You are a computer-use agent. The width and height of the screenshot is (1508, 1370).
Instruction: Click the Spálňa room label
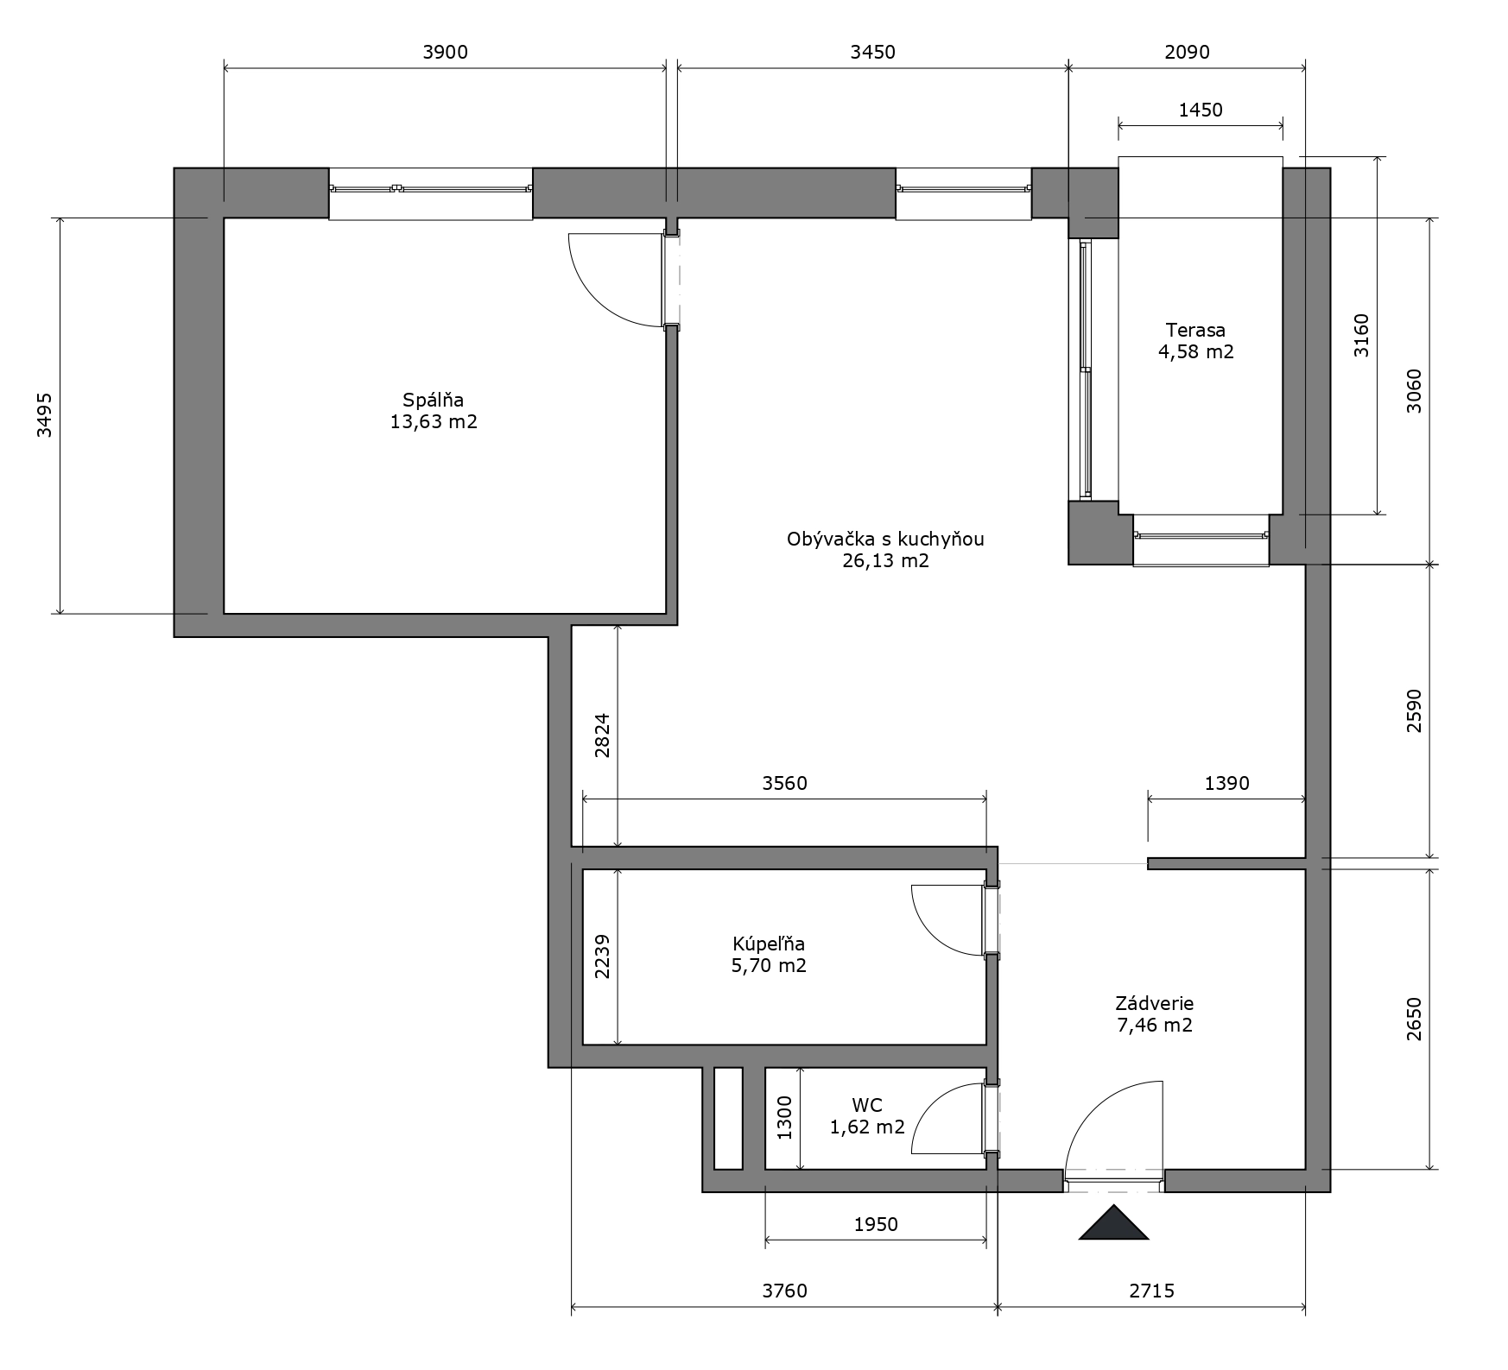point(434,400)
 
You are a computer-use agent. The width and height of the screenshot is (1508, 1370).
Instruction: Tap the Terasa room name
point(1195,330)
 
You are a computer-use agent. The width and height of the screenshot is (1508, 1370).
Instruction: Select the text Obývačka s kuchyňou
point(885,540)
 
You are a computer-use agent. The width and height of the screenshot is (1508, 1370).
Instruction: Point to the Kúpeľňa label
point(769,944)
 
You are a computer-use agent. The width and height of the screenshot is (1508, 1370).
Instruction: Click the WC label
point(867,1105)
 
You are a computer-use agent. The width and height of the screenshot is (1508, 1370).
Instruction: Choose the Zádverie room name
point(1155,1003)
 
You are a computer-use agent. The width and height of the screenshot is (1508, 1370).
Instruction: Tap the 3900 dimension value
point(445,52)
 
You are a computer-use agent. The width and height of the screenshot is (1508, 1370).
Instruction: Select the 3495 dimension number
point(44,415)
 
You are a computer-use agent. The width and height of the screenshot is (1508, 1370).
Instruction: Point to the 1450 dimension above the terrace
point(1201,110)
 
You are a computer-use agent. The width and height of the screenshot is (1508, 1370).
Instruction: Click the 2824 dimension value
point(602,735)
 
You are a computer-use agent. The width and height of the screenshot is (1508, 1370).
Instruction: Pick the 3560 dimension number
point(784,783)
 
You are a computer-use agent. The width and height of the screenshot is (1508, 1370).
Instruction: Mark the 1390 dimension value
point(1226,783)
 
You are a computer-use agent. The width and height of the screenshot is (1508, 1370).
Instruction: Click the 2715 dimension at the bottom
point(1152,1291)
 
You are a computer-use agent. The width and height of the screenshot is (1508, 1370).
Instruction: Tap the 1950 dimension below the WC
point(876,1224)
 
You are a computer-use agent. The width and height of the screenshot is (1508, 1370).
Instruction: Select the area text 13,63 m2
point(434,422)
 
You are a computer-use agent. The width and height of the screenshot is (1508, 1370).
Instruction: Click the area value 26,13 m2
point(885,561)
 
